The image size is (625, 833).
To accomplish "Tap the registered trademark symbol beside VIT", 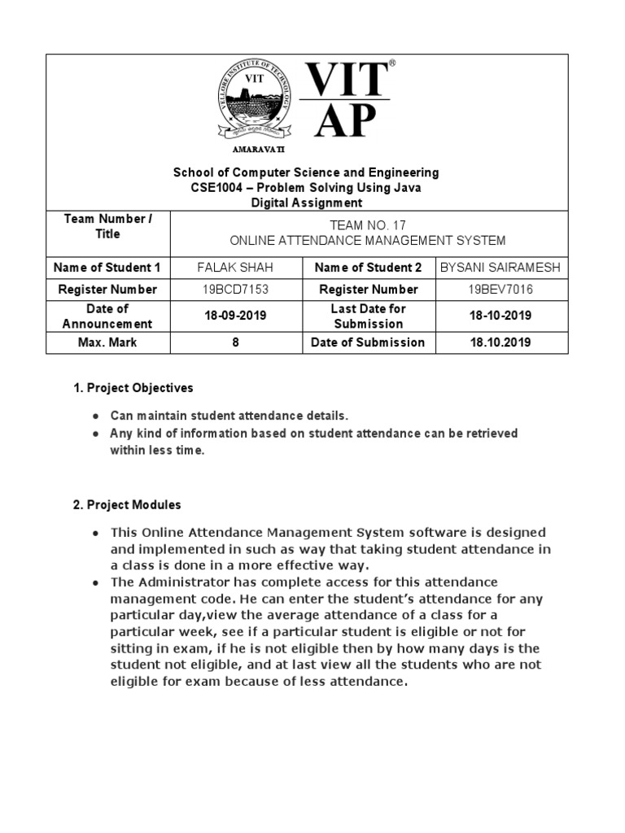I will (391, 63).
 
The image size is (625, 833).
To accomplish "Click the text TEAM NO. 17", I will (369, 225).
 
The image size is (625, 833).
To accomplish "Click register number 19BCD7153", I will (236, 290).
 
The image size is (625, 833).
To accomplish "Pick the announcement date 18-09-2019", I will (236, 316).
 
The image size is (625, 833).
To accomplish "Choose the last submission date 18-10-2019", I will (501, 316).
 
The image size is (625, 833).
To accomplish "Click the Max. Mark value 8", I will (236, 342).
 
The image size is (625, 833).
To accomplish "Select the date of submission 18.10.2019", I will (501, 342).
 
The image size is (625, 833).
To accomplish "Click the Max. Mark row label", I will (107, 342).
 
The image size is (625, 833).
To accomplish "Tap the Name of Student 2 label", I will (368, 268).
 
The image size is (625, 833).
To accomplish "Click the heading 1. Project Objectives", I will (133, 388).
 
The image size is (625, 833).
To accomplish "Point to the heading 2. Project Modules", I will (127, 505).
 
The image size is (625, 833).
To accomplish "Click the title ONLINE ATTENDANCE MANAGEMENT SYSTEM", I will (369, 241).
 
